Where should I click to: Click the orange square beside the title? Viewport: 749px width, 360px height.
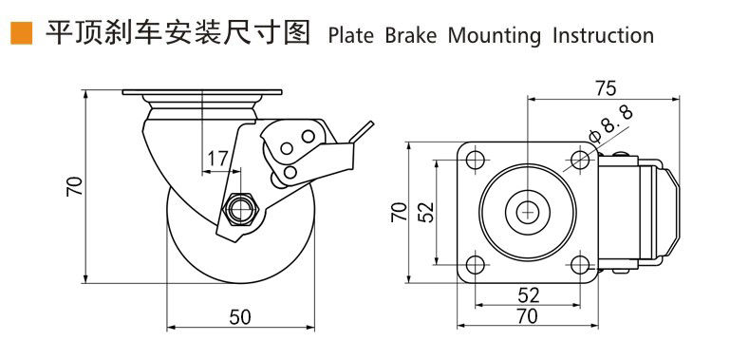click(x=22, y=33)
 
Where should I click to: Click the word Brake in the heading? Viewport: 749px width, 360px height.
click(x=411, y=36)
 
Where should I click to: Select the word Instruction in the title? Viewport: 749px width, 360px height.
click(x=603, y=36)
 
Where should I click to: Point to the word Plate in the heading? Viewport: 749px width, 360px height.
click(x=350, y=36)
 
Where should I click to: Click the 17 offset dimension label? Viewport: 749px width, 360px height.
click(x=217, y=159)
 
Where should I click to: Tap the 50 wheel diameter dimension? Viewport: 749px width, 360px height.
click(x=240, y=317)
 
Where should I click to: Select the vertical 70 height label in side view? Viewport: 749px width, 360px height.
click(x=75, y=186)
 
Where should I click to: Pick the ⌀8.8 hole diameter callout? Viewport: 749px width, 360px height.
click(x=610, y=125)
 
